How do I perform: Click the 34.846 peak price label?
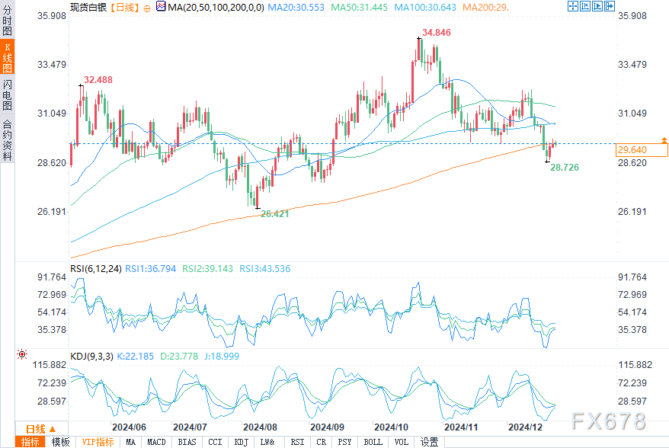(437, 33)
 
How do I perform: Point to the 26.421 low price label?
(275, 214)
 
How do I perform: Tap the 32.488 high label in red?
(98, 79)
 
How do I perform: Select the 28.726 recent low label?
(565, 165)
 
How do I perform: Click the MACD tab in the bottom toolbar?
(156, 442)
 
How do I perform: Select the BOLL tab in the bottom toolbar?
(373, 442)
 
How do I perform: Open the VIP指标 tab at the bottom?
(98, 442)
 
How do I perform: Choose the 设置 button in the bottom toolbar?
(429, 442)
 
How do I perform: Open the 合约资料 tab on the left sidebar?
(7, 139)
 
